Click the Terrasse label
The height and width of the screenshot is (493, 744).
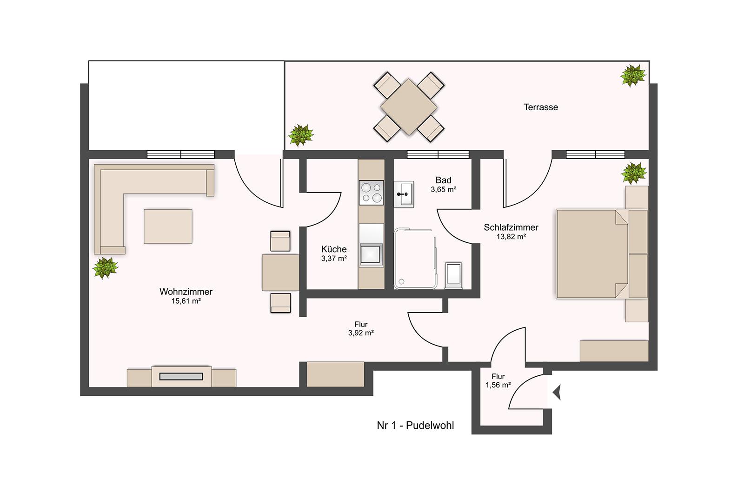point(540,107)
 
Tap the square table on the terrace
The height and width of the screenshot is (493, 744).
point(409,107)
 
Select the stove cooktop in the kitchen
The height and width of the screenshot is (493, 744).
point(372,193)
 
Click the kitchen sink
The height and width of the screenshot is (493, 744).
point(371,255)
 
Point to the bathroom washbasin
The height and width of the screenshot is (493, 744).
point(404,194)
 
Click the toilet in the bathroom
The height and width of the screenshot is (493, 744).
point(453,275)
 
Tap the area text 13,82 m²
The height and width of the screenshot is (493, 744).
point(511,237)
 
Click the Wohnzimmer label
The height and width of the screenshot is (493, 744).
point(186,292)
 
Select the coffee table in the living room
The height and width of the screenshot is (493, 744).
point(168,226)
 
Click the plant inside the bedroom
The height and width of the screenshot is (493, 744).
point(634,173)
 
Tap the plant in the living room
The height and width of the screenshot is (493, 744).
point(105,268)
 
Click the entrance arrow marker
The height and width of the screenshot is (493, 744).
point(557,393)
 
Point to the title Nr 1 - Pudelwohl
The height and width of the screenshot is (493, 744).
point(415,425)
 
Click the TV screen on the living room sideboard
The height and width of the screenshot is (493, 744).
point(181,376)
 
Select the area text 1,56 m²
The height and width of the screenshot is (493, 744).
point(498,385)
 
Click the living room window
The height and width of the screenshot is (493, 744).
point(181,154)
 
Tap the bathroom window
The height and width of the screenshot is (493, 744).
point(438,154)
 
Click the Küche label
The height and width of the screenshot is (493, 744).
point(334,249)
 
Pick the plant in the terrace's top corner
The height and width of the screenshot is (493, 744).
point(633,75)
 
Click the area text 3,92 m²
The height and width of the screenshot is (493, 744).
point(361,333)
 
